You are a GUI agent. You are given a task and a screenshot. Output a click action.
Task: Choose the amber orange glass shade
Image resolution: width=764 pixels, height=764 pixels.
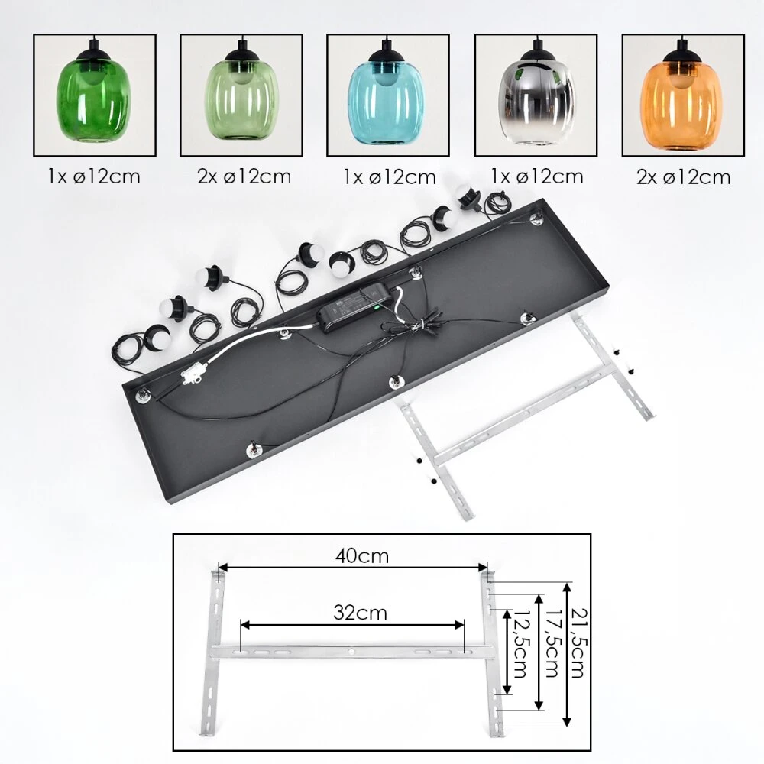681,104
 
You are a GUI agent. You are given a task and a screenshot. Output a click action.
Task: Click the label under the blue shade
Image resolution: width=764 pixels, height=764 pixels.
390,177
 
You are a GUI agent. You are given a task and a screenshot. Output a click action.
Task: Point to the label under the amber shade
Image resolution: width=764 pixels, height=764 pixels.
683,177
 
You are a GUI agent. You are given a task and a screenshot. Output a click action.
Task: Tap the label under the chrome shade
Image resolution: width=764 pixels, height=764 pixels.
537,176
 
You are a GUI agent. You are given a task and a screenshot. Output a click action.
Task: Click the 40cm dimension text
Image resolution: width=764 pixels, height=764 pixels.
362,556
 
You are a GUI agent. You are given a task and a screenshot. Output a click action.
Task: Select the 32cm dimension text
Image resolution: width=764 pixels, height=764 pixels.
360,613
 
